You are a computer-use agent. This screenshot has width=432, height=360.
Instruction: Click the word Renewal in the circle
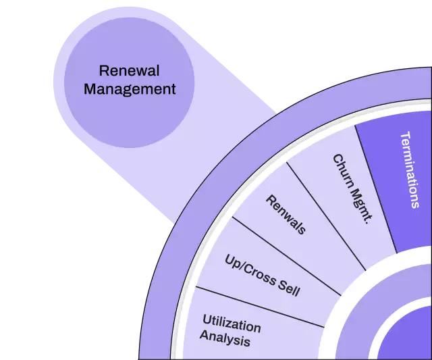pyautogui.click(x=129, y=71)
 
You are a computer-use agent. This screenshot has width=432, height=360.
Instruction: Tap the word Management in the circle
pyautogui.click(x=129, y=88)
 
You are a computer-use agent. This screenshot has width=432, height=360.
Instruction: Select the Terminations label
pyautogui.click(x=409, y=169)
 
